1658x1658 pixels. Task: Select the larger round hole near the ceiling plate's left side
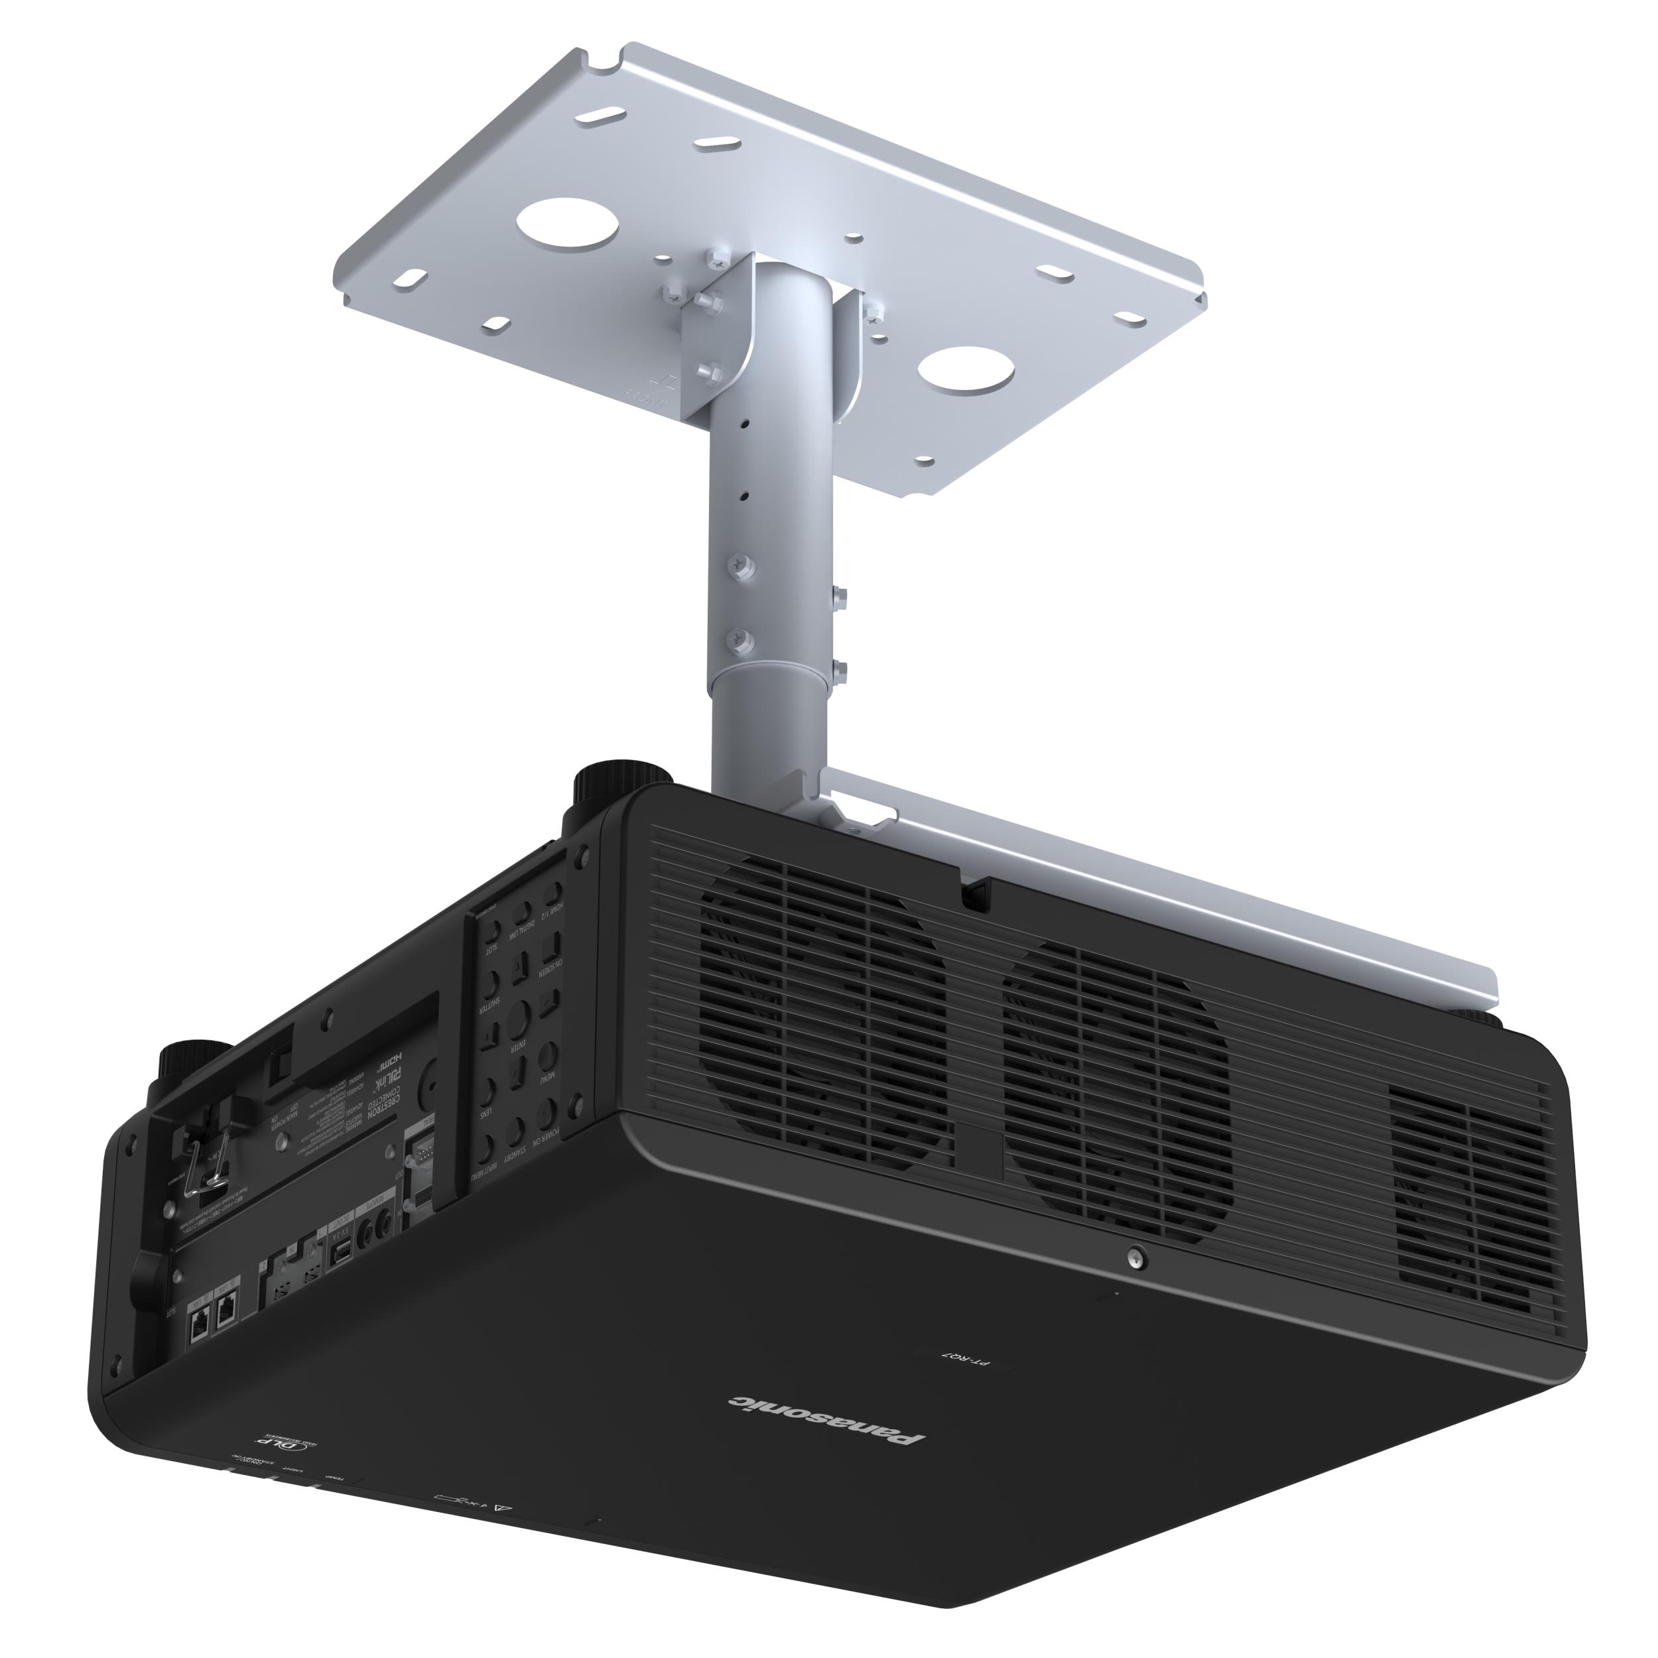[567, 224]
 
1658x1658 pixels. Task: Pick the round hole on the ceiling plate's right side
[966, 371]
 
